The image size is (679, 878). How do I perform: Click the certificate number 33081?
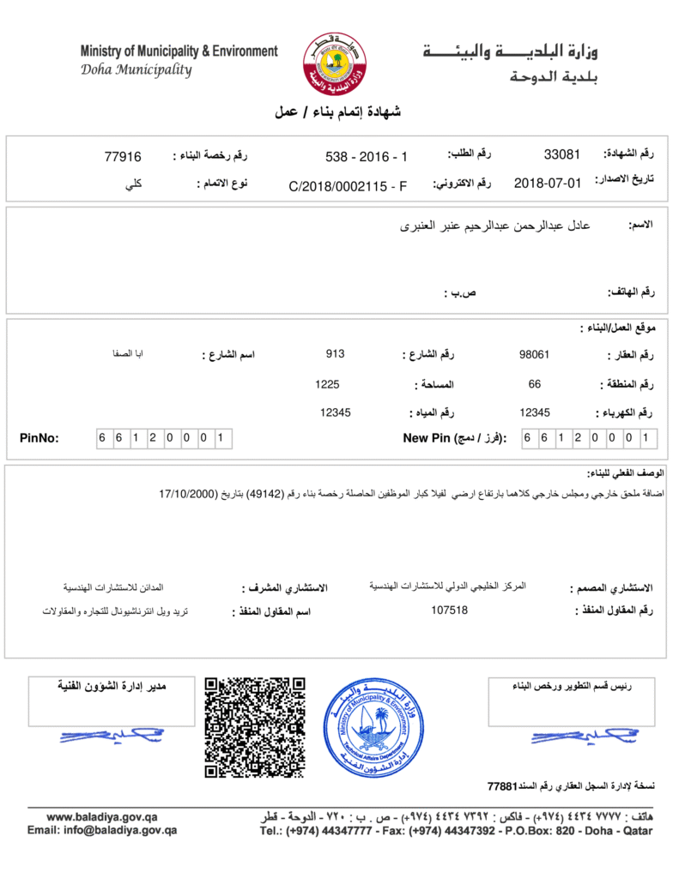[562, 155]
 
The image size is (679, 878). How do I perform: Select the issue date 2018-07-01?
[548, 183]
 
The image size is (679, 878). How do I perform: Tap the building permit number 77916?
[123, 156]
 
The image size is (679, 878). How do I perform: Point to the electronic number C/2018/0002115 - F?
[348, 185]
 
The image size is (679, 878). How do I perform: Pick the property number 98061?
[535, 354]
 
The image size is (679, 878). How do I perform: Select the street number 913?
[335, 353]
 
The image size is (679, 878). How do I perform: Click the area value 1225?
[327, 384]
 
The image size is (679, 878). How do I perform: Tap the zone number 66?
[534, 384]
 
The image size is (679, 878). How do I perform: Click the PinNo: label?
[39, 438]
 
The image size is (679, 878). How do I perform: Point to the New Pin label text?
[454, 438]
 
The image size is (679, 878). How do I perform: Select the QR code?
[255, 727]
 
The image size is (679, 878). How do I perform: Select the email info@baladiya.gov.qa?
[102, 830]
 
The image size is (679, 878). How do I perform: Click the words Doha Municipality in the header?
[136, 70]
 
